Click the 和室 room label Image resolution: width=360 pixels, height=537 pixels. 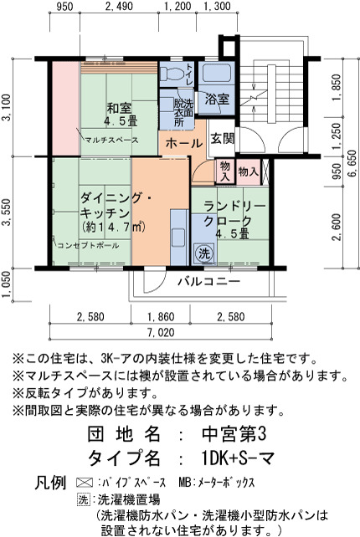(x=119, y=109)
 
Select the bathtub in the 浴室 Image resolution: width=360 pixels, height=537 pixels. (x=216, y=72)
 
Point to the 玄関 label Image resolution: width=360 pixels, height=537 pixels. (x=222, y=138)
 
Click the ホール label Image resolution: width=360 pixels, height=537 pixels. (x=183, y=144)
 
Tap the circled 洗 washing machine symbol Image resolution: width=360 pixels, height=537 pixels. (x=204, y=253)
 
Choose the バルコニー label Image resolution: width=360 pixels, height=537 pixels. (x=208, y=282)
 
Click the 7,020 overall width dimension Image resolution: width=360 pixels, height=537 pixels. (x=161, y=332)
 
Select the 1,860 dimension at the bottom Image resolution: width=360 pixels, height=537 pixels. (x=161, y=316)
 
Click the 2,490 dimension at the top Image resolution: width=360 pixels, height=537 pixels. (x=119, y=6)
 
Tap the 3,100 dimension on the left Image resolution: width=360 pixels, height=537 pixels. (x=7, y=107)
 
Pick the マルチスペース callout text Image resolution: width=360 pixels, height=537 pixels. (x=112, y=140)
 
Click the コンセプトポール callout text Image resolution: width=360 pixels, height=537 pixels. (x=88, y=245)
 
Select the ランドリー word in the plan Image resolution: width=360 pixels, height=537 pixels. (x=234, y=207)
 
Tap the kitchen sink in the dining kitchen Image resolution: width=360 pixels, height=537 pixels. (x=178, y=237)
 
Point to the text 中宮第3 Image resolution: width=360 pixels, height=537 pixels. (x=234, y=435)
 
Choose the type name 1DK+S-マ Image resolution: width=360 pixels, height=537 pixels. (x=239, y=458)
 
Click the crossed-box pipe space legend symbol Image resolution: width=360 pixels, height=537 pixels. (x=85, y=483)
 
